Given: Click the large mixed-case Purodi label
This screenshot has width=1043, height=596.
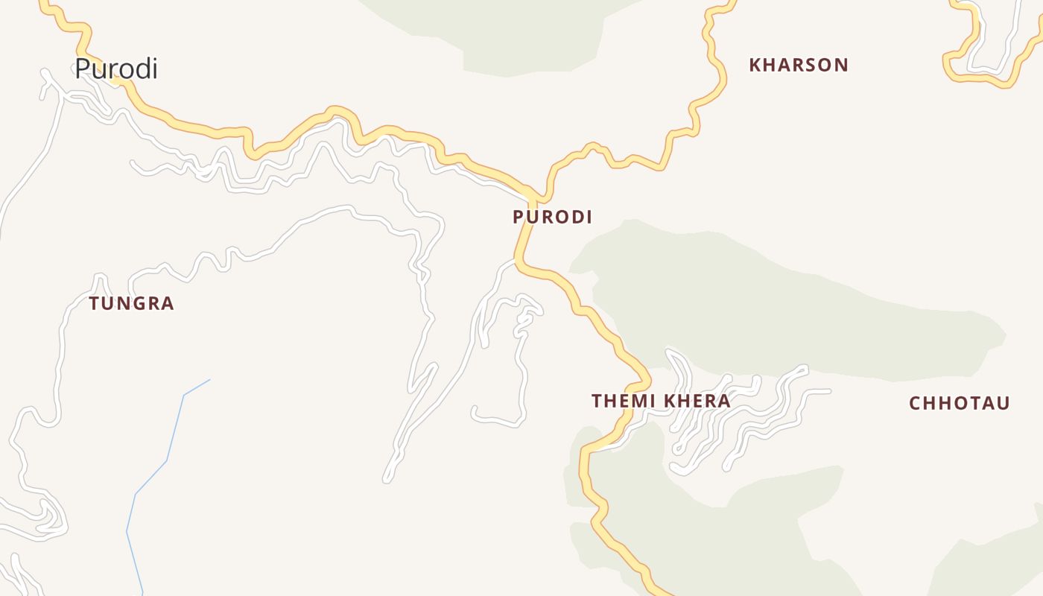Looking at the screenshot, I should coord(116,69).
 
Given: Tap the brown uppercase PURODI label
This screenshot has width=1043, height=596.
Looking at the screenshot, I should coord(552,217).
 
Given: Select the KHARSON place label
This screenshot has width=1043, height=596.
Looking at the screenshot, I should coord(799,65).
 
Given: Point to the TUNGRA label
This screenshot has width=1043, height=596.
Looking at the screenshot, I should coord(131,303).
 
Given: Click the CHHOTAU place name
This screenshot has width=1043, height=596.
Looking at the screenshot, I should coord(960,403).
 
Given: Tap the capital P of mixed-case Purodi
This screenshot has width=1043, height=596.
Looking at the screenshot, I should coord(82,69).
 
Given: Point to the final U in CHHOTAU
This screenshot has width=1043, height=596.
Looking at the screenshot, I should coord(1004,403).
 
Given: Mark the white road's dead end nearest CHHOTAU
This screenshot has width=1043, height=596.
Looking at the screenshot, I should coord(828,390).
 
